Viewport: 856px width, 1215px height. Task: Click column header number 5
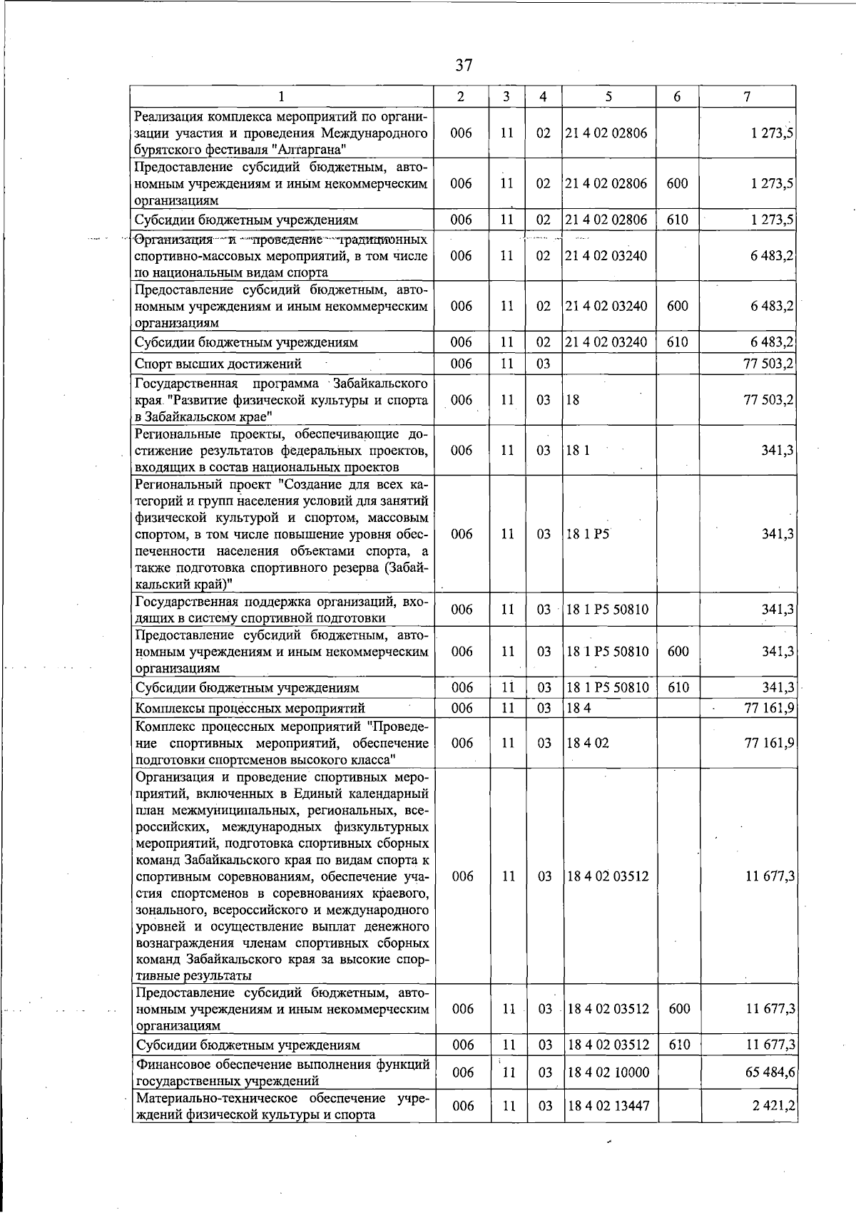(x=608, y=97)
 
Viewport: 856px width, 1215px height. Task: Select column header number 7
(x=746, y=97)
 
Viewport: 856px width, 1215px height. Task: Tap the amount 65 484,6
(x=770, y=1072)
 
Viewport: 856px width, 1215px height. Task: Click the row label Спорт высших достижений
(x=218, y=364)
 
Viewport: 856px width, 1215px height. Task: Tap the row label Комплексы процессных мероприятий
(x=250, y=708)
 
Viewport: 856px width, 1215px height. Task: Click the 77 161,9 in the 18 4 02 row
(x=770, y=743)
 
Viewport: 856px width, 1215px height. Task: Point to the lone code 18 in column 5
(x=572, y=400)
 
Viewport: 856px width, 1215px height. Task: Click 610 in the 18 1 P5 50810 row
(x=677, y=687)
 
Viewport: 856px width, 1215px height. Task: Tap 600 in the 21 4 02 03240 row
(x=677, y=306)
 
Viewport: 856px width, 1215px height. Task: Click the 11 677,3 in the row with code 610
(x=770, y=1045)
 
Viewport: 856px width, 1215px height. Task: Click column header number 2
(x=462, y=97)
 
